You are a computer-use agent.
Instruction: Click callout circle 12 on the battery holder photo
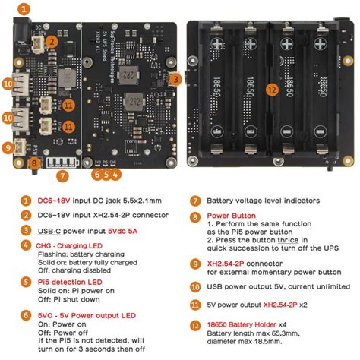coord(271,89)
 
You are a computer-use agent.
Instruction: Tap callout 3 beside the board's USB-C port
coord(175,78)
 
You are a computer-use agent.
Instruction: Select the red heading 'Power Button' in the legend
coord(227,216)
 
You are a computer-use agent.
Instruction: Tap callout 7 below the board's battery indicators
coord(63,175)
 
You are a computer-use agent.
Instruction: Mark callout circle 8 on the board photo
coord(34,162)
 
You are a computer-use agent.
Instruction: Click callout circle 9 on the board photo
coord(8,148)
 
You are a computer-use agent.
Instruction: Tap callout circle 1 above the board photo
coord(26,9)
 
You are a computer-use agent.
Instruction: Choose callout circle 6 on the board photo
coord(97,173)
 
